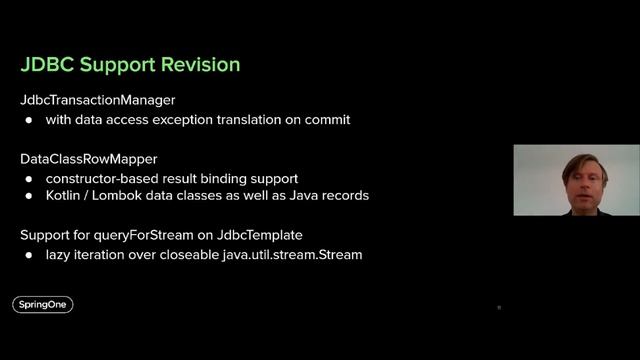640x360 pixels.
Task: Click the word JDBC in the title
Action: tap(46, 65)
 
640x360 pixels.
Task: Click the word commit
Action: tap(326, 120)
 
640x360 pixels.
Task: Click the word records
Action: tap(346, 195)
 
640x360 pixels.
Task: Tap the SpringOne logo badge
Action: tap(43, 305)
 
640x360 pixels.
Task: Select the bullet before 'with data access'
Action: tap(29, 120)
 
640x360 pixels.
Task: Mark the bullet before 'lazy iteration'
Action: tap(29, 254)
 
